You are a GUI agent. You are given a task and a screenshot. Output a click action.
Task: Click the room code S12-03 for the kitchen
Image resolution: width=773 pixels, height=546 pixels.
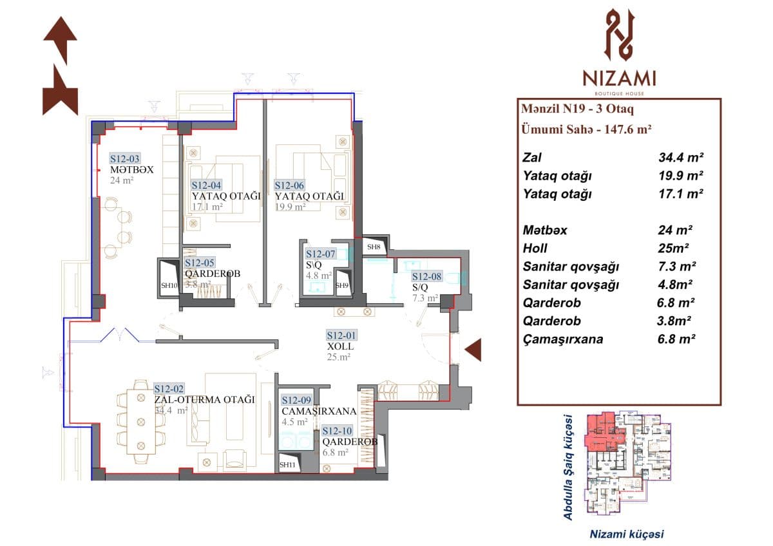124,158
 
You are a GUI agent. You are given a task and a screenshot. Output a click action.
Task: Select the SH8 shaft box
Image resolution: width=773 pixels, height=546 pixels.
374,247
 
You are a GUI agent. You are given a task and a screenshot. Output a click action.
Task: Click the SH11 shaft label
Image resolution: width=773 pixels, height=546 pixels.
287,464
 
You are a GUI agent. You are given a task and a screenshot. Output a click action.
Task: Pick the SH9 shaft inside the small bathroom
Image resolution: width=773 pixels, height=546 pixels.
342,285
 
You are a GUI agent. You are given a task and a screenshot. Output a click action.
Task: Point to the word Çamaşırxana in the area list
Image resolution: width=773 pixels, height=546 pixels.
564,339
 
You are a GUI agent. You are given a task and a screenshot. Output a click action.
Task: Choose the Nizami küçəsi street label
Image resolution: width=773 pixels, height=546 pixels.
627,534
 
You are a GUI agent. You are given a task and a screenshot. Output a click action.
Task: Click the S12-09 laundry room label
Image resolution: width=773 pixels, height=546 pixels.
297,400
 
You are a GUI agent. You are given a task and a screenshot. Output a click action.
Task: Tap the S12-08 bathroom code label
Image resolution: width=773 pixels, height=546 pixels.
428,277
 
